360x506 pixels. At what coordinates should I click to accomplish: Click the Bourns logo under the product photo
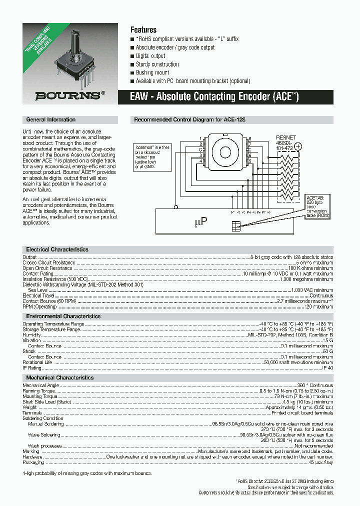(x=70, y=95)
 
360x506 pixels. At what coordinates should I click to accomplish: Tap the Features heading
(x=143, y=30)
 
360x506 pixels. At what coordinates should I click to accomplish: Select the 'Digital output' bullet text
(x=150, y=56)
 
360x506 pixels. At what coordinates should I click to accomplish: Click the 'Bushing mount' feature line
(x=152, y=72)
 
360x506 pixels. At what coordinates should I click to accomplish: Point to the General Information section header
(x=51, y=120)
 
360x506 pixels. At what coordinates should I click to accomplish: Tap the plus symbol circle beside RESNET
(x=298, y=146)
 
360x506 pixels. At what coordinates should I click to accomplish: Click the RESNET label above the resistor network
(x=286, y=137)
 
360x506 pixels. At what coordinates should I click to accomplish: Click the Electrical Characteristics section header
(x=57, y=249)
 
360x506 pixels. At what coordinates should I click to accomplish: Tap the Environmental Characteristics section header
(x=63, y=316)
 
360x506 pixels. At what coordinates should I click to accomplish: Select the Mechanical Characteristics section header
(x=60, y=378)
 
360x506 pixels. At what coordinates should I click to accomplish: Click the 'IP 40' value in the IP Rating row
(x=327, y=368)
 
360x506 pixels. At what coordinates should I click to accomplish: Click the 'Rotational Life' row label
(x=37, y=362)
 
